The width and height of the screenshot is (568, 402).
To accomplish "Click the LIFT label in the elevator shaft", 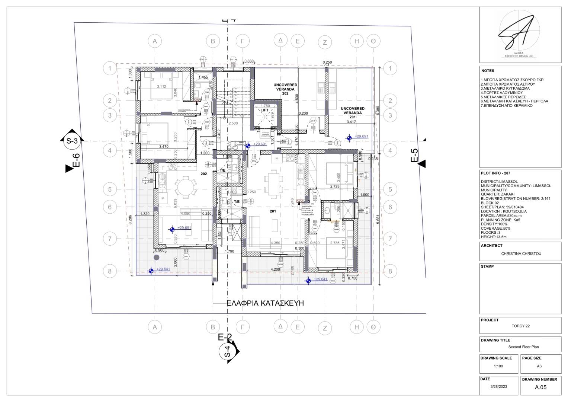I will click(x=264, y=110).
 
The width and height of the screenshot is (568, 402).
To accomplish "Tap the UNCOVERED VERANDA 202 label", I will click(x=285, y=89).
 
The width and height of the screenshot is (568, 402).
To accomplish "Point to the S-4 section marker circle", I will click(x=228, y=352).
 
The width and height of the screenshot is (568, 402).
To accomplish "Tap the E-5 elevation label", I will click(x=414, y=156).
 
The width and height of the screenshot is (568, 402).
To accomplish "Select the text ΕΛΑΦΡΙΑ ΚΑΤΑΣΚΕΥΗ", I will click(x=265, y=303).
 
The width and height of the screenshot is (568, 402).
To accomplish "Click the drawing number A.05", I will click(x=540, y=387).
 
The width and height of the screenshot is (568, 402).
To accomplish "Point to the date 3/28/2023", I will click(x=498, y=387).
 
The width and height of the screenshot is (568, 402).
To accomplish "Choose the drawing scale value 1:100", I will click(x=498, y=366).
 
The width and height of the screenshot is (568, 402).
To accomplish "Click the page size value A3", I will click(x=539, y=366).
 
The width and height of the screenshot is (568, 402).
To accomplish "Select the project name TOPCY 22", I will click(x=520, y=326).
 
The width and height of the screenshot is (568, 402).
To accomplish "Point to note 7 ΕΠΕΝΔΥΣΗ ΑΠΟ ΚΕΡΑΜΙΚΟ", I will click(x=506, y=105).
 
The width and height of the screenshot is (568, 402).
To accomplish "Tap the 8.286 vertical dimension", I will click(x=130, y=219).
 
